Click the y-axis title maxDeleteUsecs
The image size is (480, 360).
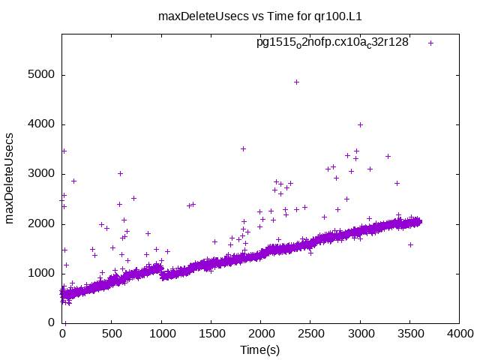[x=10, y=178]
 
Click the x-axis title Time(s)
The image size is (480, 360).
[x=259, y=349]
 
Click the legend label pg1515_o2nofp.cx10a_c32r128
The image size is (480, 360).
[x=332, y=43]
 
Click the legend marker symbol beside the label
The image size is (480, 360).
[x=430, y=43]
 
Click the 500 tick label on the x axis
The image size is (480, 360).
[x=112, y=334]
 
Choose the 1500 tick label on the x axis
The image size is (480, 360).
[x=211, y=334]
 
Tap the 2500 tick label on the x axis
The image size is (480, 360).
[x=310, y=334]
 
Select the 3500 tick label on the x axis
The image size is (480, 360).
[x=409, y=334]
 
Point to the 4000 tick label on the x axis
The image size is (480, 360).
[x=458, y=334]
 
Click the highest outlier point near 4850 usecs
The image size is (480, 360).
[x=296, y=82]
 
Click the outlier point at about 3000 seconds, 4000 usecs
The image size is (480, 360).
[x=360, y=124]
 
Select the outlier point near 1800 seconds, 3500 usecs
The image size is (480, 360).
[x=243, y=148]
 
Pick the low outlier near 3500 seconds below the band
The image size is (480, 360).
[x=410, y=244]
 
